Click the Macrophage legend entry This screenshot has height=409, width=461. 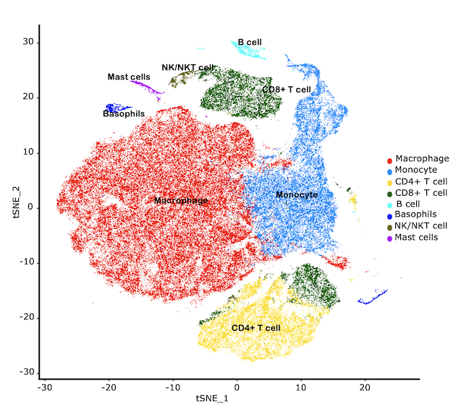(423, 158)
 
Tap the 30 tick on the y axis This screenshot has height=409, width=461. (29, 42)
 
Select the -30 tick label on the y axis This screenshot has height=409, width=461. (27, 372)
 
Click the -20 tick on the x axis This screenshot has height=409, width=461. (109, 386)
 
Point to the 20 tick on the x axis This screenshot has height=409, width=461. (364, 386)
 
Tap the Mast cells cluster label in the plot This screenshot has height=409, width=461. (129, 77)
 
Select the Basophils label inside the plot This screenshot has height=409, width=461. (123, 114)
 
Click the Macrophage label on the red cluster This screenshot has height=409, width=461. (181, 200)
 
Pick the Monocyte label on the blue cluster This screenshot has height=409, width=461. (297, 195)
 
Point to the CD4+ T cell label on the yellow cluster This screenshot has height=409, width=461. (255, 328)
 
